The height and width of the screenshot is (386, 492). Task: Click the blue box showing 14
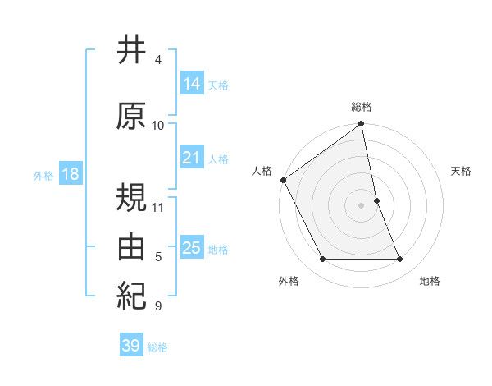(x=192, y=83)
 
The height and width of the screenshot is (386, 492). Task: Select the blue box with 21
(x=192, y=158)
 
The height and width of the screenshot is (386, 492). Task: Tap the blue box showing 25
(x=192, y=248)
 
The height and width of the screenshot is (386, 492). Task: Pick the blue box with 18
(x=69, y=174)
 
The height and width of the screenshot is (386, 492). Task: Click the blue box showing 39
(x=131, y=346)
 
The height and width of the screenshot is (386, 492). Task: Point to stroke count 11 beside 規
(x=159, y=207)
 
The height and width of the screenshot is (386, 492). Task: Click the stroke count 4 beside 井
(x=158, y=60)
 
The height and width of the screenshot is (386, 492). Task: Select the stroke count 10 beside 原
(x=158, y=126)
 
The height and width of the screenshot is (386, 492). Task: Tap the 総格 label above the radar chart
(x=362, y=107)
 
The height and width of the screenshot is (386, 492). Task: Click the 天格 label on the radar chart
(x=462, y=171)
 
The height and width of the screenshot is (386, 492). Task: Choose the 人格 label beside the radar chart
(x=262, y=171)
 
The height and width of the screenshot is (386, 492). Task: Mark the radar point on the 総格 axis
(x=362, y=124)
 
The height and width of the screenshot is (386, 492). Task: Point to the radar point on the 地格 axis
(x=400, y=259)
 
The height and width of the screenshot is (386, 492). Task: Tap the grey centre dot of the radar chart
(x=362, y=204)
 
